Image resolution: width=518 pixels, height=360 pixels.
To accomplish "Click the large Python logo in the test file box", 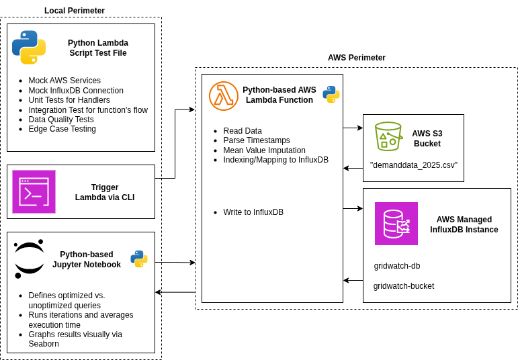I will click(29, 47).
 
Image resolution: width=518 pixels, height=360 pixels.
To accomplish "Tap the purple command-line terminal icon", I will click(34, 191).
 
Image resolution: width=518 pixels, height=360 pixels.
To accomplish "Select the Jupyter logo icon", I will click(29, 259).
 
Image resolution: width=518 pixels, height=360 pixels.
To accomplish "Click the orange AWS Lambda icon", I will click(224, 96).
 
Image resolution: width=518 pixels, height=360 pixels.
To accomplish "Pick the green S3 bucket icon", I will click(388, 136).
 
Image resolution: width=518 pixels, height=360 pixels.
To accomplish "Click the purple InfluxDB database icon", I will click(396, 224).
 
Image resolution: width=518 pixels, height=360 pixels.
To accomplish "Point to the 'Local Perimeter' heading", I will click(75, 11).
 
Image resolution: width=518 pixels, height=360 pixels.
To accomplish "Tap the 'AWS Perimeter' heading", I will click(356, 58).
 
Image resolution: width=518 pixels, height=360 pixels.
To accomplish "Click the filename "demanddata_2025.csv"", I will click(413, 165).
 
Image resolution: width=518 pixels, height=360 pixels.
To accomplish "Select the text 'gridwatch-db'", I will click(397, 266).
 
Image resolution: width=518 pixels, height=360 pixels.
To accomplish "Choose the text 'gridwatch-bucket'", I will click(403, 286).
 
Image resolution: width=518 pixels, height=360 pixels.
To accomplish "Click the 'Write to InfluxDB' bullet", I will click(253, 212).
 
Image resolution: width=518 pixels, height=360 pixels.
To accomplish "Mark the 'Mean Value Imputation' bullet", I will click(264, 150).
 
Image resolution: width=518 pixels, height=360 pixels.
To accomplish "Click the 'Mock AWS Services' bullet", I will click(64, 81).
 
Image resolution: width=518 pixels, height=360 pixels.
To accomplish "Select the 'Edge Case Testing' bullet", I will click(62, 129).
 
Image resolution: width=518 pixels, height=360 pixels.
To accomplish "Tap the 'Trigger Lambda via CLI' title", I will click(105, 192).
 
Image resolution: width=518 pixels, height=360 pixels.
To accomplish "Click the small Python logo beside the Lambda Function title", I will click(331, 94).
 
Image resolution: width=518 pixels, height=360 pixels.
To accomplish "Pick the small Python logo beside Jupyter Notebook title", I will click(139, 259).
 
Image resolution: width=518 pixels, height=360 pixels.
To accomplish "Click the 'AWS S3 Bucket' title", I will click(427, 138).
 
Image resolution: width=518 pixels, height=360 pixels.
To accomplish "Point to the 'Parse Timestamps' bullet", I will click(257, 140).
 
